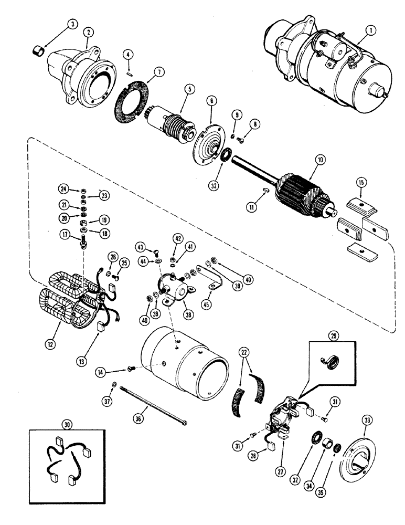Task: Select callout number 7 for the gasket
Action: point(143,72)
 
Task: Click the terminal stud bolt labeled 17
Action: point(83,242)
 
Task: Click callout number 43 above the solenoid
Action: point(140,247)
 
